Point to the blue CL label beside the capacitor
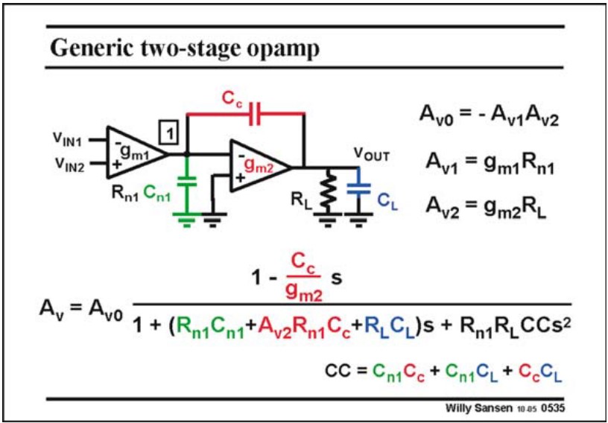click(x=387, y=202)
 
